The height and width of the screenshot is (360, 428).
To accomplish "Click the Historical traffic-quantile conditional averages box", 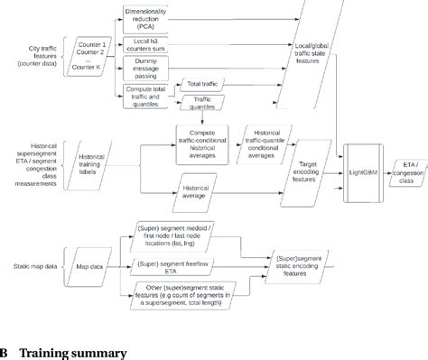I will click(x=270, y=141).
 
